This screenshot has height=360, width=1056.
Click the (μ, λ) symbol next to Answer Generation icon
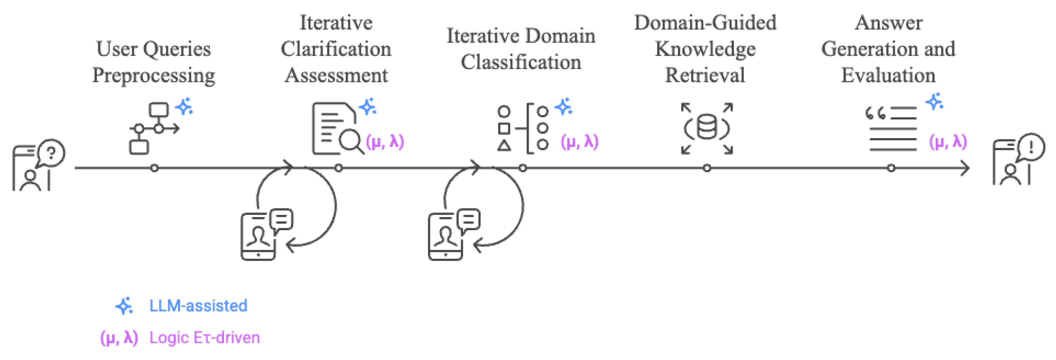tap(948, 142)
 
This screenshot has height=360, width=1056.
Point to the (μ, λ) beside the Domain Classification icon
tap(580, 142)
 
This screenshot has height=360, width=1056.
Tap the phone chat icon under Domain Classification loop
tap(453, 234)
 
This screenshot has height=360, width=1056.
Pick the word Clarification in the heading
tap(336, 49)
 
